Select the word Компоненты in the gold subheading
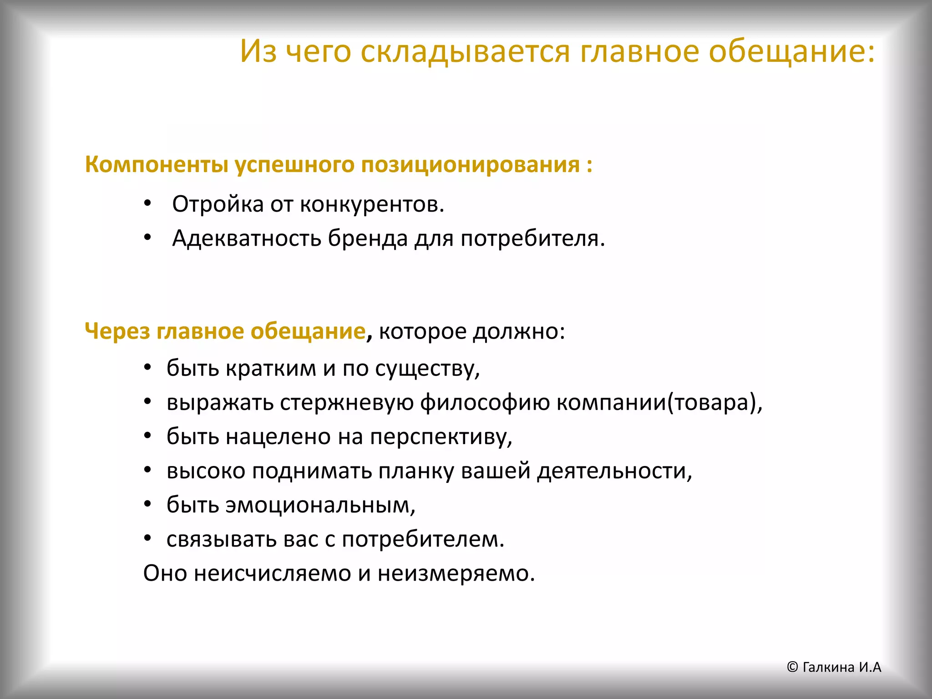coord(156,165)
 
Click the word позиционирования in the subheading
coord(471,165)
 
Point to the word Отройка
coord(218,204)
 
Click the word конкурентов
coord(372,204)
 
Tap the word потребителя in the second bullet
coord(532,238)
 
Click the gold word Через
coord(117,331)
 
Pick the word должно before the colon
coord(518,331)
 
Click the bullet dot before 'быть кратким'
coord(147,367)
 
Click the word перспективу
coord(441,436)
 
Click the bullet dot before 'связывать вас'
coord(147,538)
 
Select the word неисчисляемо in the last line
coord(272,573)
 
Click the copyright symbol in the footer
coord(792,667)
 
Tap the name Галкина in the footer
coord(828,667)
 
